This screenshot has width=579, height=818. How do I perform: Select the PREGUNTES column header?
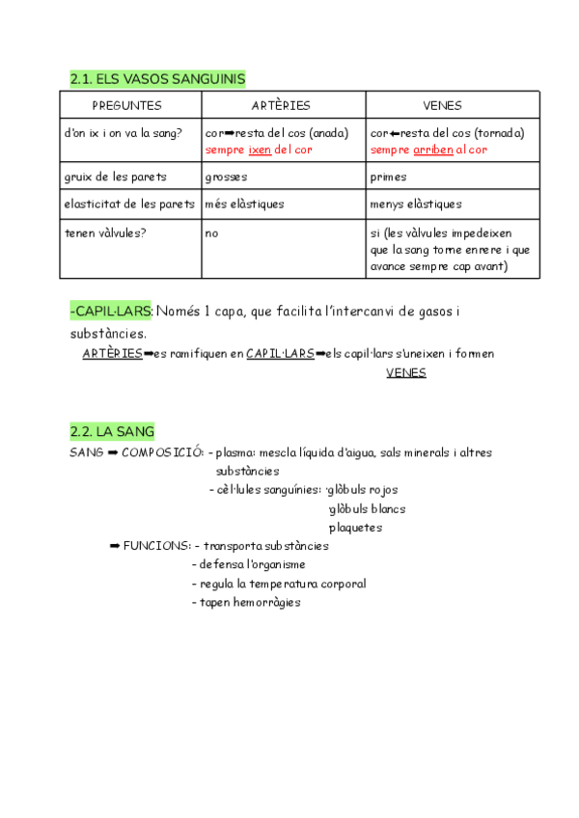[127, 105]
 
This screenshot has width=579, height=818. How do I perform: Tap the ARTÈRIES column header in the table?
[281, 105]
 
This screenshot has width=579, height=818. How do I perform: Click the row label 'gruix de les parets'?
[115, 177]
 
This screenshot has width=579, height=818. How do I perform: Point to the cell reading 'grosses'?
[226, 177]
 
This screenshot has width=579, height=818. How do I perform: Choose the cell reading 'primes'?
[388, 177]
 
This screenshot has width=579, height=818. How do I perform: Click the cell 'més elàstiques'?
[245, 204]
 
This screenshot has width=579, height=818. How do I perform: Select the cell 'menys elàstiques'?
[416, 204]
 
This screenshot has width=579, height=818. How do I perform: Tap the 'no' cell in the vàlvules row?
[212, 232]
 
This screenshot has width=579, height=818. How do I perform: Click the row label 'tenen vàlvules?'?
[106, 232]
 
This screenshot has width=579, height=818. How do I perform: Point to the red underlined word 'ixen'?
[260, 150]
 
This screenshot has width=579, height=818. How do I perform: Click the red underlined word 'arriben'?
[433, 150]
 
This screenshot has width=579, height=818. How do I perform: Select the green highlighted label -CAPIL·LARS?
[111, 311]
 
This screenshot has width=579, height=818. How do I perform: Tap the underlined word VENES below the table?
[405, 372]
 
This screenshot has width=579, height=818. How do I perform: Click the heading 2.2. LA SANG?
[112, 431]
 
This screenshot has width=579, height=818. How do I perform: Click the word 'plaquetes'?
[355, 528]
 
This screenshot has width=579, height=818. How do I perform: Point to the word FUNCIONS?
[156, 546]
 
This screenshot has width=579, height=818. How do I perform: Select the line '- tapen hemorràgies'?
[247, 602]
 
